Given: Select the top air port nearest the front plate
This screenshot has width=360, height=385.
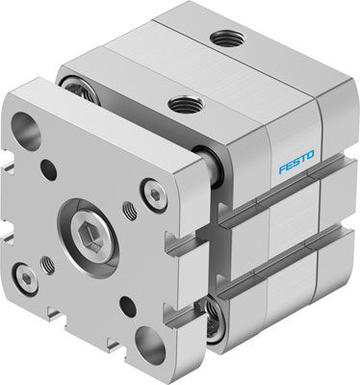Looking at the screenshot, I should tap(179, 102).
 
